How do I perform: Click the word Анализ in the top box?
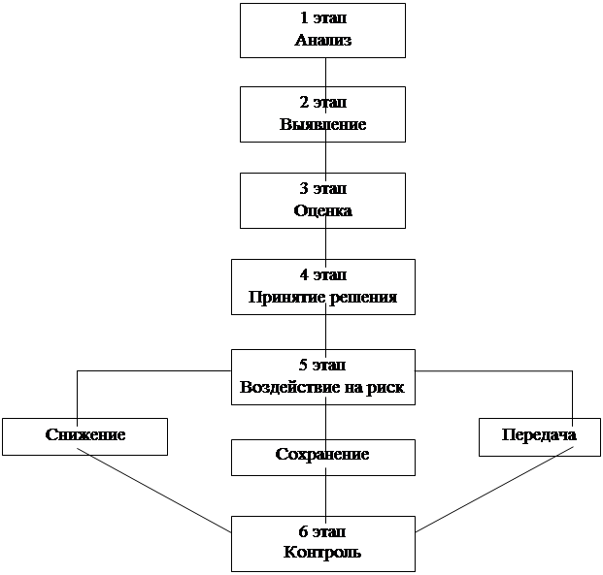click(x=323, y=40)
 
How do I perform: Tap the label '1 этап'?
click(x=323, y=18)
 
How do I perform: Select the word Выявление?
click(x=323, y=124)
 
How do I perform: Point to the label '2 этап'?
click(x=323, y=103)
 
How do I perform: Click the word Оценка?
click(x=323, y=210)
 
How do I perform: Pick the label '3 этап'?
click(x=323, y=188)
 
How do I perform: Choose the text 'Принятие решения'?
click(x=323, y=298)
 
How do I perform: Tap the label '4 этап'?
click(x=323, y=275)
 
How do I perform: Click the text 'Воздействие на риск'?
click(x=322, y=387)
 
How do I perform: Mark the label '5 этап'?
click(x=322, y=365)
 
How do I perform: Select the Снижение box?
click(x=85, y=436)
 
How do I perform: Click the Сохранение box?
click(x=323, y=458)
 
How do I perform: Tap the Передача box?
click(x=540, y=437)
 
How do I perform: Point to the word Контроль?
click(x=322, y=553)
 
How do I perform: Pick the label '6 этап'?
click(x=322, y=531)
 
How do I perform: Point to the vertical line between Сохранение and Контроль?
click(x=326, y=495)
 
